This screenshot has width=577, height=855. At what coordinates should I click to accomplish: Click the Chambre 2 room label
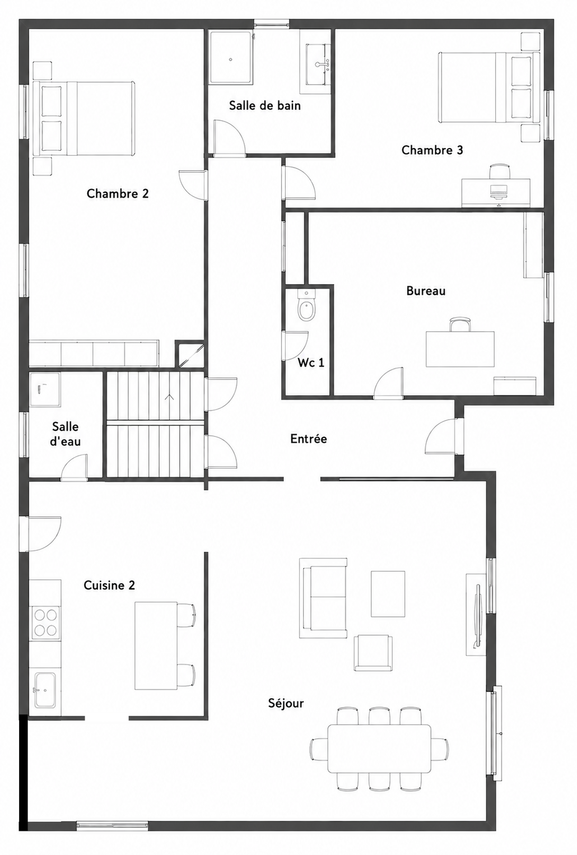tap(118, 193)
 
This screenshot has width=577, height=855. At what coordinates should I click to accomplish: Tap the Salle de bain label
tap(265, 105)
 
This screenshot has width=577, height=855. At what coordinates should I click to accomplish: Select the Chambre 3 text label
tap(432, 150)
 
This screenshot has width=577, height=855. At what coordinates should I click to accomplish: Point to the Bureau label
tap(426, 291)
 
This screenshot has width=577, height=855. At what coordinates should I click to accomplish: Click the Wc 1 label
tap(311, 363)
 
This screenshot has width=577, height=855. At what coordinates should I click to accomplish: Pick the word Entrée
tap(308, 439)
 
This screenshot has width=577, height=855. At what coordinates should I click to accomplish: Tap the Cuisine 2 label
tap(110, 585)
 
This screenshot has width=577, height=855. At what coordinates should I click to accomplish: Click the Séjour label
tap(286, 704)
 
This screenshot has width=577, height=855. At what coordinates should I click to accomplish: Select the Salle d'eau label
tap(65, 434)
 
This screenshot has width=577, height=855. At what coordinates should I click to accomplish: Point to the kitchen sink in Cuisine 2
tap(45, 690)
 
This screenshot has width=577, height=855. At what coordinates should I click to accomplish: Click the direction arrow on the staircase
tap(169, 397)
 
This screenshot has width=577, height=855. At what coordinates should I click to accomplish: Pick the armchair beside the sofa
tap(373, 653)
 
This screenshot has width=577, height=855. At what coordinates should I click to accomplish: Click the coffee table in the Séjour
tap(388, 593)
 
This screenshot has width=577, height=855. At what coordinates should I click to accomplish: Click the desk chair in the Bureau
tap(460, 324)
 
